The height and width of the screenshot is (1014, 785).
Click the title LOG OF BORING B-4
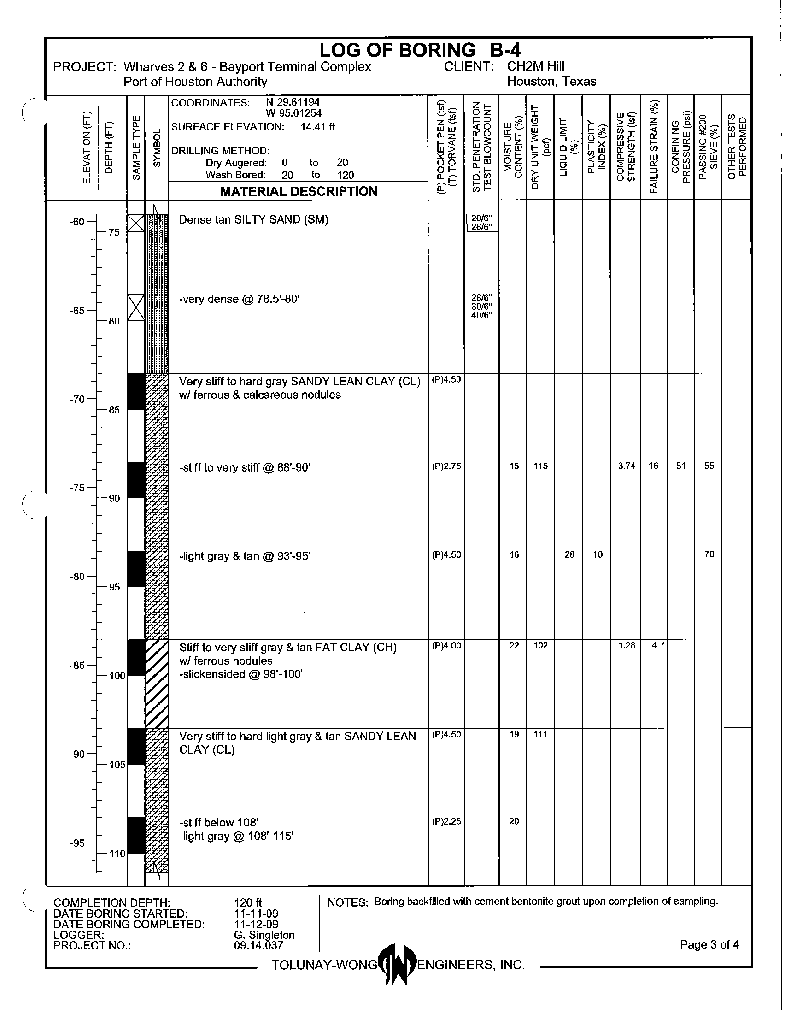pos(419,50)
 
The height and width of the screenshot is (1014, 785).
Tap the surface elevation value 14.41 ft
pos(317,127)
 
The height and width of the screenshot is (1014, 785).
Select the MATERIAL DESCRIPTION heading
pos(299,191)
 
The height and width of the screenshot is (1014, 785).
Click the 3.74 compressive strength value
pos(627,466)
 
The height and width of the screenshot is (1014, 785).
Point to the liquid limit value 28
pos(569,554)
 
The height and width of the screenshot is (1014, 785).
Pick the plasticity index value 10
pos(598,554)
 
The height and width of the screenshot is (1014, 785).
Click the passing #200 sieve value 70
pos(709,554)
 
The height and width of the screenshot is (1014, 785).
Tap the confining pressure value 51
pos(680,466)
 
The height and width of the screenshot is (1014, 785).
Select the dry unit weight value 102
pos(540,645)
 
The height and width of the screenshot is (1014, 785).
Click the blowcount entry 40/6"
pos(481,315)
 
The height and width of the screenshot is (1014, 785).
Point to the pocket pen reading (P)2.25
pos(446,821)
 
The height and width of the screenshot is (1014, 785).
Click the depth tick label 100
pos(117,676)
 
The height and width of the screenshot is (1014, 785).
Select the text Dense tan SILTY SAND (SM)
pos(253,219)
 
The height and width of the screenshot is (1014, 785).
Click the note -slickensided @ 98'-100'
pos(241,674)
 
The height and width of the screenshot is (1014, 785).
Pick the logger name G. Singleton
pos(264,935)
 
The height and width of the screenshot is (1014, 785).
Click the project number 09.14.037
pos(258,945)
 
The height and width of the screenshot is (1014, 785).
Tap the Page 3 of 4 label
pos(709,944)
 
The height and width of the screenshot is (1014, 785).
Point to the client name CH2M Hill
pos(535,66)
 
